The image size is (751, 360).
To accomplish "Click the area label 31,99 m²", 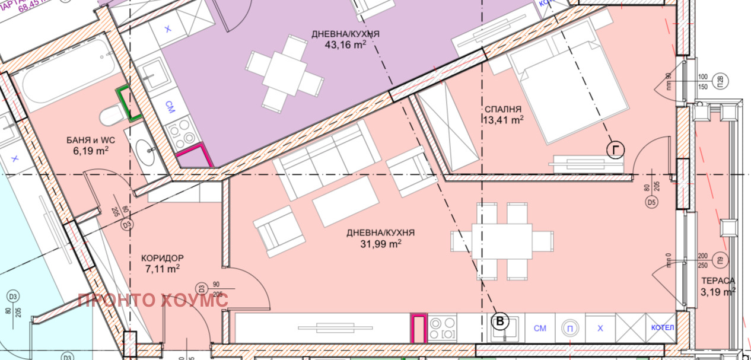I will [380, 243].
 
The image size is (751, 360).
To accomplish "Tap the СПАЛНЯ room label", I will [502, 110].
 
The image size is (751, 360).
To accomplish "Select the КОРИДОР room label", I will [162, 258].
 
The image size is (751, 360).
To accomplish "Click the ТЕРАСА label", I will [718, 281].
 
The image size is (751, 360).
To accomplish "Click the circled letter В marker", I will [501, 321].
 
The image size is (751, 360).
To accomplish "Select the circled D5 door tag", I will [652, 203].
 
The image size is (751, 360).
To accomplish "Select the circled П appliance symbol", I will [570, 328].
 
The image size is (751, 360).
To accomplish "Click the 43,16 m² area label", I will [345, 44].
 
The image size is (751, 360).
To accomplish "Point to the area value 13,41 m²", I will [502, 120].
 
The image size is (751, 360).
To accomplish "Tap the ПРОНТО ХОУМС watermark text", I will [152, 300].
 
